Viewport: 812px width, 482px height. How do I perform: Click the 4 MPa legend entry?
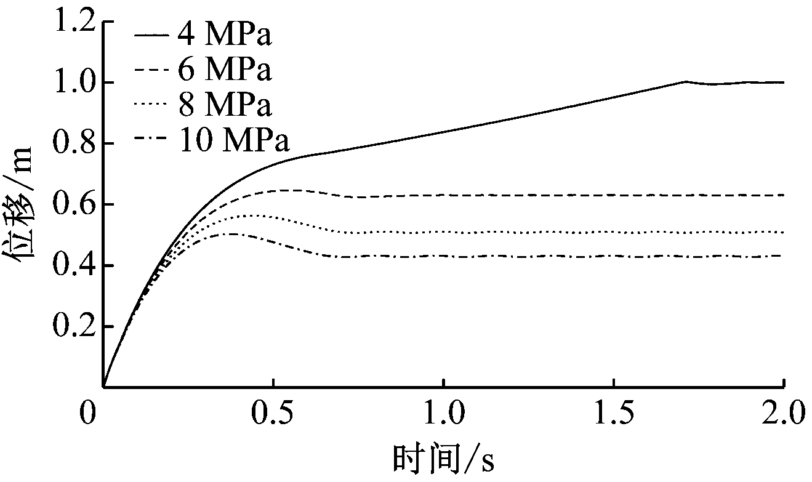tap(203, 35)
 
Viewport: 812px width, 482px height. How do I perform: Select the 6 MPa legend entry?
tap(203, 70)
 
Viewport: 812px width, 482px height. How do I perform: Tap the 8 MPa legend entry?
tap(203, 105)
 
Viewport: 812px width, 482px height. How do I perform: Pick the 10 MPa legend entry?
tap(212, 140)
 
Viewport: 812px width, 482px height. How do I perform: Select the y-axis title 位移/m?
tap(23, 205)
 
